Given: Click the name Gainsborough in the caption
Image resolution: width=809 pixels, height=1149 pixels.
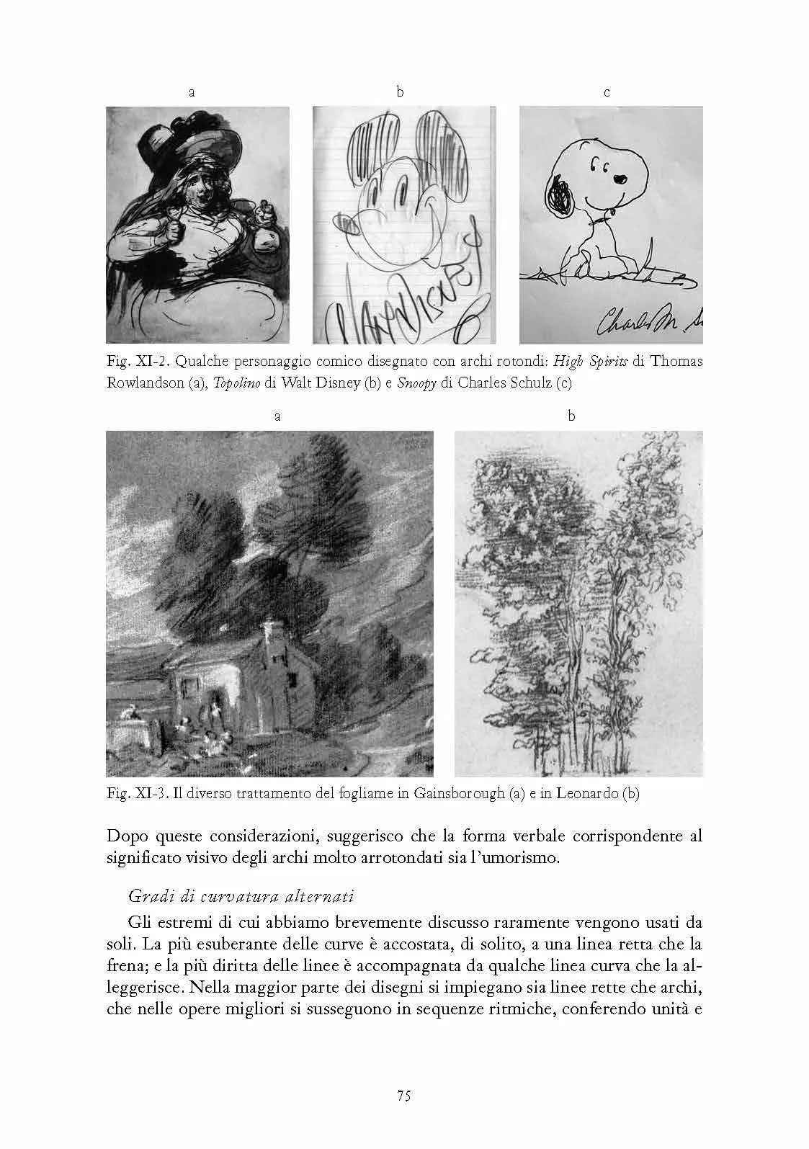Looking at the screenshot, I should pyautogui.click(x=459, y=794).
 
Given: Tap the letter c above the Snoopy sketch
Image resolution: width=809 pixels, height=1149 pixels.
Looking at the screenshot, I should pyautogui.click(x=607, y=92).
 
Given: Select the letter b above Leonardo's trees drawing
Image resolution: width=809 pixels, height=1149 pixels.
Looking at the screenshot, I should pyautogui.click(x=571, y=416).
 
